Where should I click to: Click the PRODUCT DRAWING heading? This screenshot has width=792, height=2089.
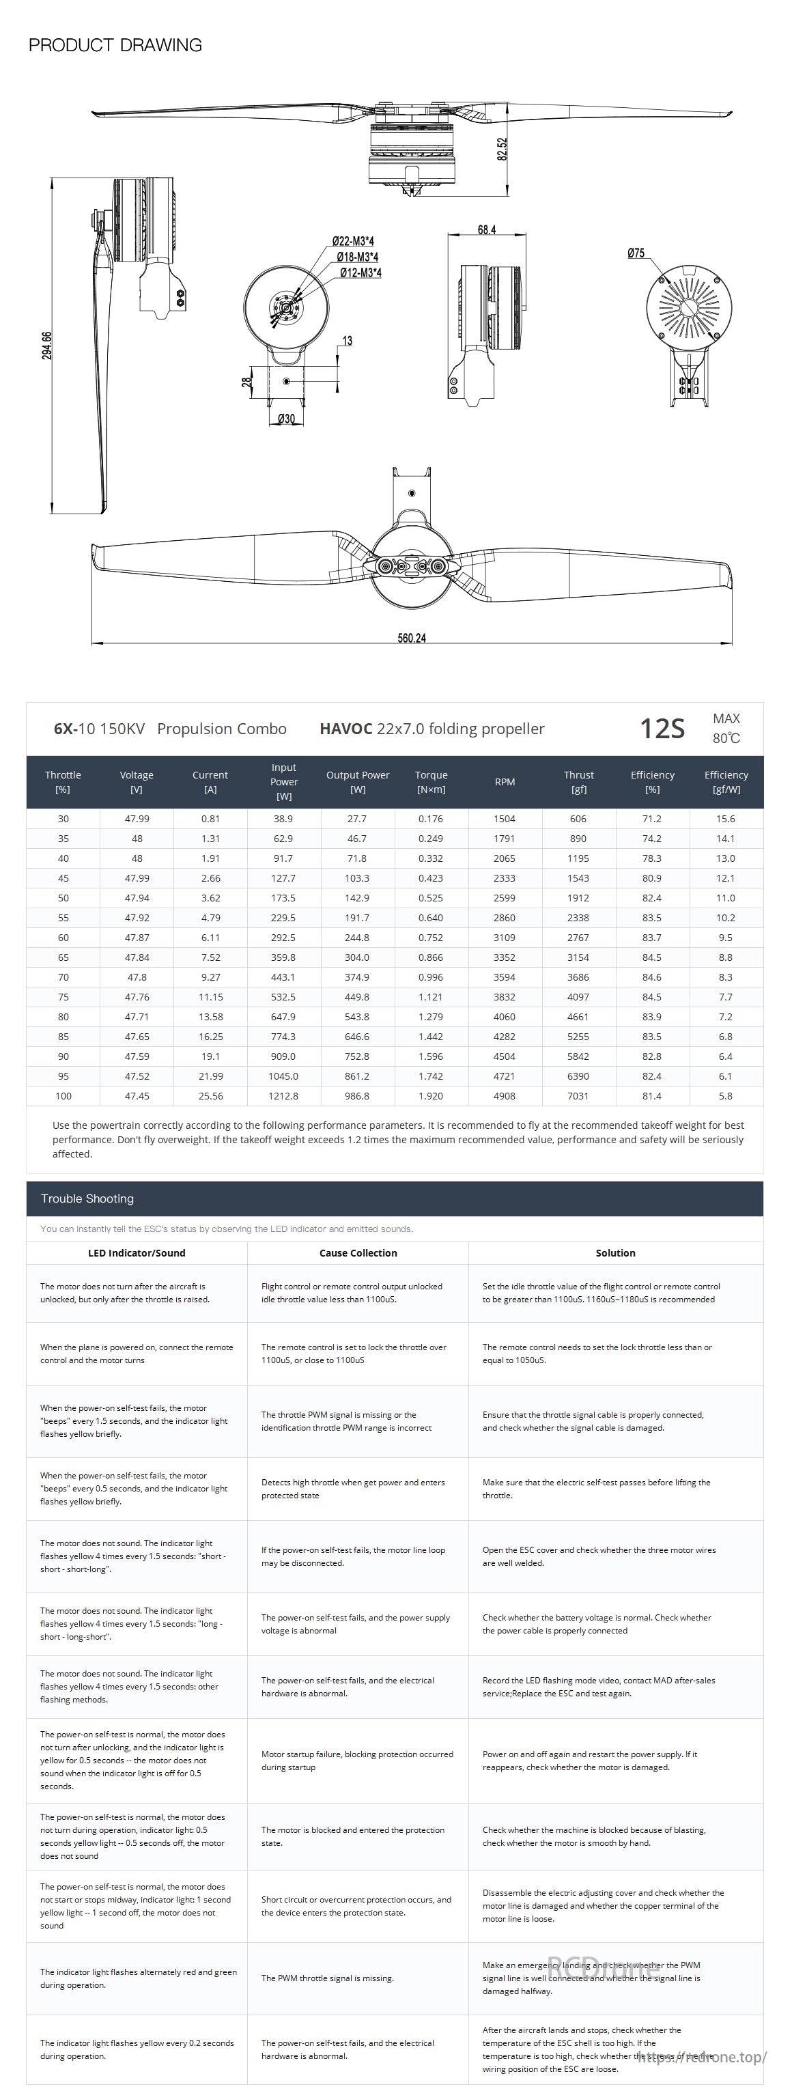click(115, 45)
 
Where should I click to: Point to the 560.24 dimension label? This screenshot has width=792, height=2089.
click(411, 639)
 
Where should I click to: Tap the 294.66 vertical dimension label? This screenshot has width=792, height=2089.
click(47, 346)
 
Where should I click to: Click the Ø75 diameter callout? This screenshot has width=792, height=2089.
click(636, 253)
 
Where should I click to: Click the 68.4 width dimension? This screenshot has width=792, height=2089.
click(486, 229)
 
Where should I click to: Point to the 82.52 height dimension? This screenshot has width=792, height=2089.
click(503, 149)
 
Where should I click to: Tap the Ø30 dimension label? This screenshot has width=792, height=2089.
click(286, 419)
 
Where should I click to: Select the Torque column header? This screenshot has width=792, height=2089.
click(432, 782)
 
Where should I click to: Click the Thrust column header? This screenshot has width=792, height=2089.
click(579, 782)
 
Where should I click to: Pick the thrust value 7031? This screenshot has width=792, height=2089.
click(578, 1095)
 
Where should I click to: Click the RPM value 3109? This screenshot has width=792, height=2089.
click(505, 938)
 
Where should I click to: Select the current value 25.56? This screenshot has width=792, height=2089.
click(210, 1095)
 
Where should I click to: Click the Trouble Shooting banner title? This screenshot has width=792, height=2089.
click(87, 1198)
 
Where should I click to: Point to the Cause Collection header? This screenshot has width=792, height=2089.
click(358, 1253)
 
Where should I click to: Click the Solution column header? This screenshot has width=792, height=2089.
click(615, 1253)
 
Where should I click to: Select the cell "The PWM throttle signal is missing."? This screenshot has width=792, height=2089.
click(328, 1978)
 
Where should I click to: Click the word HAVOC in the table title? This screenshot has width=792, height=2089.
click(345, 728)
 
